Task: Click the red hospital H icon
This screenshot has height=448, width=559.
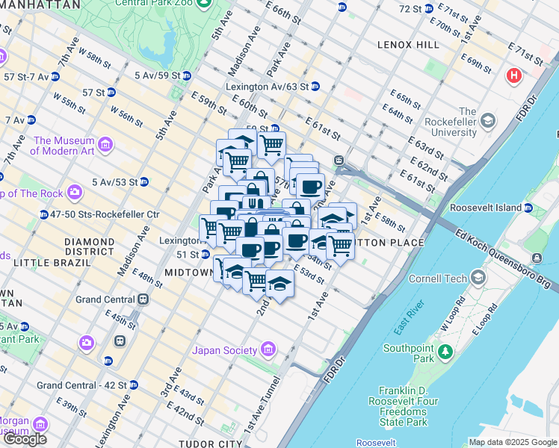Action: (x=513, y=75)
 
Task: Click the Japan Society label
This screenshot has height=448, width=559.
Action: (x=224, y=350)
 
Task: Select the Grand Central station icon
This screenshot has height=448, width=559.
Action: (x=143, y=299)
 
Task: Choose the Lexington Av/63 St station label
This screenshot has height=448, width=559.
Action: (x=267, y=87)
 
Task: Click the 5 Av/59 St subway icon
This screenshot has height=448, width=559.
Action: (x=186, y=75)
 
